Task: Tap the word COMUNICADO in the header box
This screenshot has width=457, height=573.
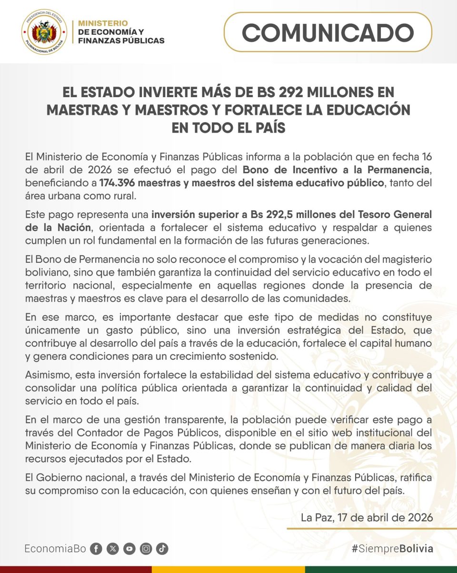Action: click(328, 32)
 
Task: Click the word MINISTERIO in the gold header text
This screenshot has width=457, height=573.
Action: click(103, 23)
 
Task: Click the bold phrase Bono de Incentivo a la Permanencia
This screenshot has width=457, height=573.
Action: click(337, 170)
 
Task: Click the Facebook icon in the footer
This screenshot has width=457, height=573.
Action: click(96, 549)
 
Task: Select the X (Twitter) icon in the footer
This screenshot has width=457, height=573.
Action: click(113, 549)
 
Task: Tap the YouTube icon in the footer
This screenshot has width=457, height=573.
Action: click(129, 549)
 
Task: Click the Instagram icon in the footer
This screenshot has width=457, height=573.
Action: click(146, 549)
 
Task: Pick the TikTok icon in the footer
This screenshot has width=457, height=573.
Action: click(162, 549)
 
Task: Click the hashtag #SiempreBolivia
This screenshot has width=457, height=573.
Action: click(392, 549)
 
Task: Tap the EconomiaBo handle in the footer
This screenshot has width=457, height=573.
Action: click(55, 549)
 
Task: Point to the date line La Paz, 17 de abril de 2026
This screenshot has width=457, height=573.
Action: click(367, 517)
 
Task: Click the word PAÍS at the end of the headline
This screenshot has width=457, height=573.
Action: click(266, 128)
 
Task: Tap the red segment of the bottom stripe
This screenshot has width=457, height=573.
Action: click(76, 569)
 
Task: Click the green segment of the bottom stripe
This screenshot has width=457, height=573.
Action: click(381, 569)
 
